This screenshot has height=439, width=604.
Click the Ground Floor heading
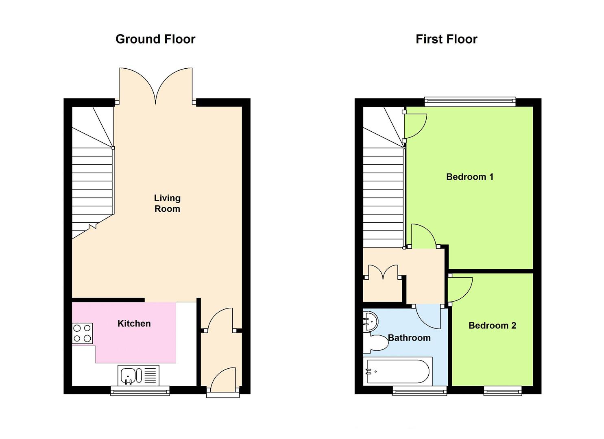(155, 39)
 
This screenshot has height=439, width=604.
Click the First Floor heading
(446, 39)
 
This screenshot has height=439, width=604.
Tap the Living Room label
(167, 203)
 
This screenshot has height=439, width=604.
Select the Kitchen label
(134, 324)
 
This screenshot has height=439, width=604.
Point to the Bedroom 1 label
(469, 177)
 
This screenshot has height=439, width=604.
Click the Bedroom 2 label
(492, 326)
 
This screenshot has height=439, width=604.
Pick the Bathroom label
(409, 338)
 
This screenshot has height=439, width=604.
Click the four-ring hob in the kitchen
(82, 333)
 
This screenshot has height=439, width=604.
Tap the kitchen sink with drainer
(138, 375)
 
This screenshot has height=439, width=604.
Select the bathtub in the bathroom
(398, 371)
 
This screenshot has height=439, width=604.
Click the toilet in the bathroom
(376, 343)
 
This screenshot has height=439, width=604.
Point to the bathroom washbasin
(371, 322)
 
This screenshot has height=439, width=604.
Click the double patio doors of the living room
(155, 85)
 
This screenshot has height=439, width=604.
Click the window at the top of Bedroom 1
(470, 101)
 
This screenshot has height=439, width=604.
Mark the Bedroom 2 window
(502, 391)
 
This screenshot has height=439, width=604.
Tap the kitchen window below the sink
(140, 391)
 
